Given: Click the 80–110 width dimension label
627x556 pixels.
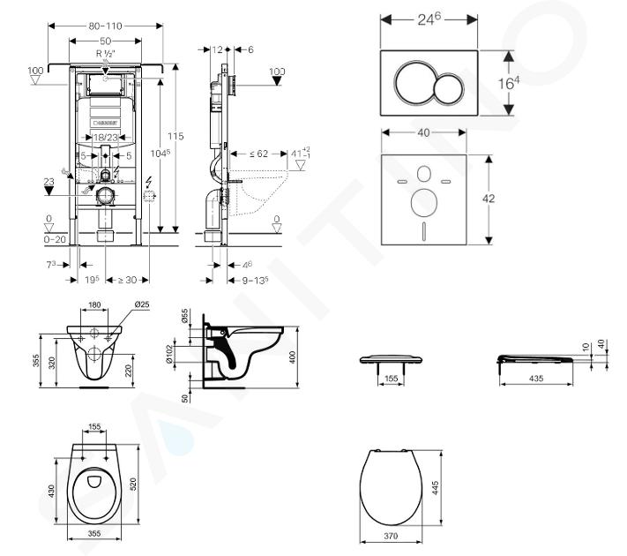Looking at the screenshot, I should (105, 26).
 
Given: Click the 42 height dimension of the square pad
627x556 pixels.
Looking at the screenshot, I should (489, 199).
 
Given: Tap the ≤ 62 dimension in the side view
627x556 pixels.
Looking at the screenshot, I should (258, 153).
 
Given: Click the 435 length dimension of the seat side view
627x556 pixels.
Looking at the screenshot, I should (534, 378).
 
